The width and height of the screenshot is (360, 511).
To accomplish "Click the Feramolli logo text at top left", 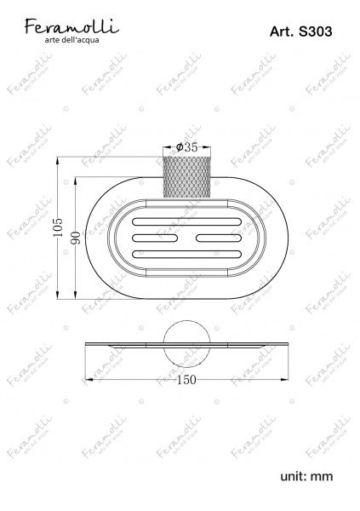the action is click(x=71, y=26).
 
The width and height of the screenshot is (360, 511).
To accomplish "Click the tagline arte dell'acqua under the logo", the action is click(x=71, y=40).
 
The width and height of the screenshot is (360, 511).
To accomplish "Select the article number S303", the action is click(x=316, y=32).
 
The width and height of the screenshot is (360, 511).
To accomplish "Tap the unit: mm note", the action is click(x=306, y=476).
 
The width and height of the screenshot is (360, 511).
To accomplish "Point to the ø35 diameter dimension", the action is click(x=186, y=147).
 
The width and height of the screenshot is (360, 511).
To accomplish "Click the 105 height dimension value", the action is click(x=58, y=227).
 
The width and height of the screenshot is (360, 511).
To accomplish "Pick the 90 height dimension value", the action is click(x=76, y=238).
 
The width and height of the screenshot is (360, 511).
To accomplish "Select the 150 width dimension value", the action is click(x=186, y=380).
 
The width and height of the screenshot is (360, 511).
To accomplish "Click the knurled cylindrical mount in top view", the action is click(x=186, y=177).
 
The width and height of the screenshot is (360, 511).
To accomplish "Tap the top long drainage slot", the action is click(x=186, y=222).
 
